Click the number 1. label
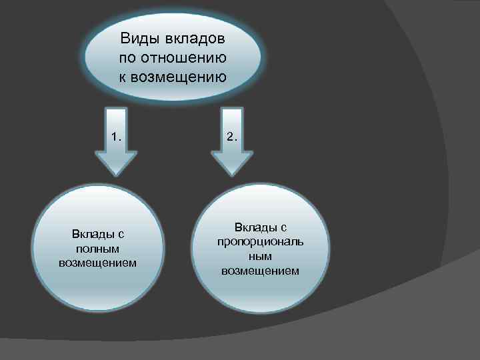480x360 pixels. (117, 137)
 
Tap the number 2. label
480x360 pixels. (231, 137)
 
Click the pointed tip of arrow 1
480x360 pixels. (117, 175)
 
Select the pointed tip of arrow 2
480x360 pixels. (231, 175)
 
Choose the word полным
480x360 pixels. (97, 248)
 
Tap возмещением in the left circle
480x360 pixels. (97, 262)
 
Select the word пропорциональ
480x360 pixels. (260, 241)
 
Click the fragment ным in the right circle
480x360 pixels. (260, 256)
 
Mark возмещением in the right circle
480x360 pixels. (260, 271)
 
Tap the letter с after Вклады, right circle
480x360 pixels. (283, 227)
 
